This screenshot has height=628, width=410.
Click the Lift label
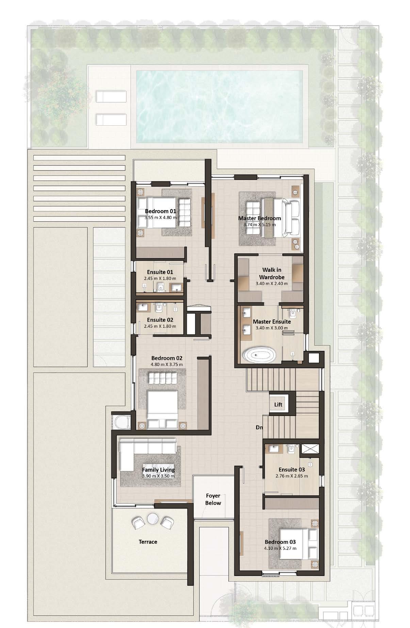click(x=278, y=405)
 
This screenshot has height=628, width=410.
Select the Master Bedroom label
click(x=260, y=218)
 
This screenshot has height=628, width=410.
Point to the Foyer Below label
click(x=213, y=499)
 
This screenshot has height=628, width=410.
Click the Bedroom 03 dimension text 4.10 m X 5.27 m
click(x=280, y=548)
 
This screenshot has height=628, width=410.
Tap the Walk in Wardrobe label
click(x=272, y=273)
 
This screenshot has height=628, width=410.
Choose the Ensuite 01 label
click(x=160, y=272)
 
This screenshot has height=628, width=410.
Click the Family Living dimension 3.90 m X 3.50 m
click(x=158, y=476)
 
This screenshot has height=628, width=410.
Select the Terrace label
click(x=148, y=542)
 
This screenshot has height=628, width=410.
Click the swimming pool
click(x=220, y=107)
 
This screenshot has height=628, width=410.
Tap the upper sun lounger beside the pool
click(x=111, y=97)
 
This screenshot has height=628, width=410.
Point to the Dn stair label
click(x=260, y=428)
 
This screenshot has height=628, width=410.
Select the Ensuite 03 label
click(x=292, y=469)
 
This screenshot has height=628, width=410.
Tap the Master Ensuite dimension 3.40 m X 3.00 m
click(x=272, y=328)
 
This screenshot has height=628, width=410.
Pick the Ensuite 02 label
click(x=160, y=320)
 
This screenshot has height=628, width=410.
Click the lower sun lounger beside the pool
click(x=111, y=119)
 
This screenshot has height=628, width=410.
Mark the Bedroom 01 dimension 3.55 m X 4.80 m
click(x=161, y=217)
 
